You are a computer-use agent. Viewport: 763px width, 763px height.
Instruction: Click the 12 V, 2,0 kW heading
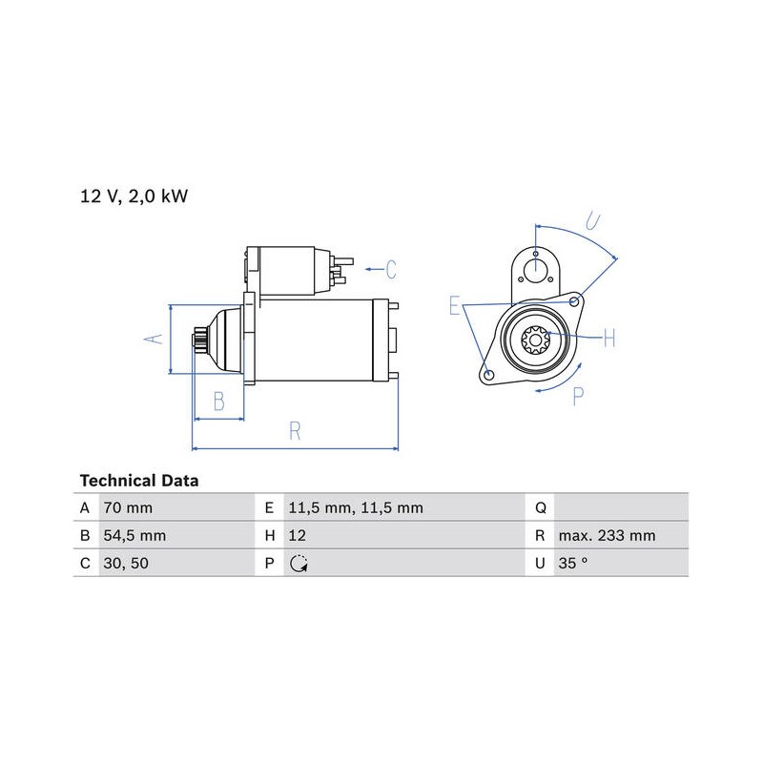[134, 196]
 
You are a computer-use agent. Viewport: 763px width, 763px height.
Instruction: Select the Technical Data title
[139, 481]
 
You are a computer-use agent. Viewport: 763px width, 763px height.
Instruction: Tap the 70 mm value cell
[128, 508]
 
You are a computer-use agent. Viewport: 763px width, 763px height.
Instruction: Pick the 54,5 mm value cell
[134, 536]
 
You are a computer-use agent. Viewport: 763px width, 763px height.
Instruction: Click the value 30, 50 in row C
[126, 564]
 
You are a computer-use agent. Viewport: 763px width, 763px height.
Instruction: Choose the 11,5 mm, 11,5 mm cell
[356, 508]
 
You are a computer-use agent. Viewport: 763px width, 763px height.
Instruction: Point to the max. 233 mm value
[607, 536]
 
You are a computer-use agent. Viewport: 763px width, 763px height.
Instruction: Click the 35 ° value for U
[573, 564]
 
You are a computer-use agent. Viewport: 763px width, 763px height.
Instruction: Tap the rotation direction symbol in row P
[299, 564]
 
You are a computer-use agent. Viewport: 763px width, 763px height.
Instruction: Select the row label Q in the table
[541, 508]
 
